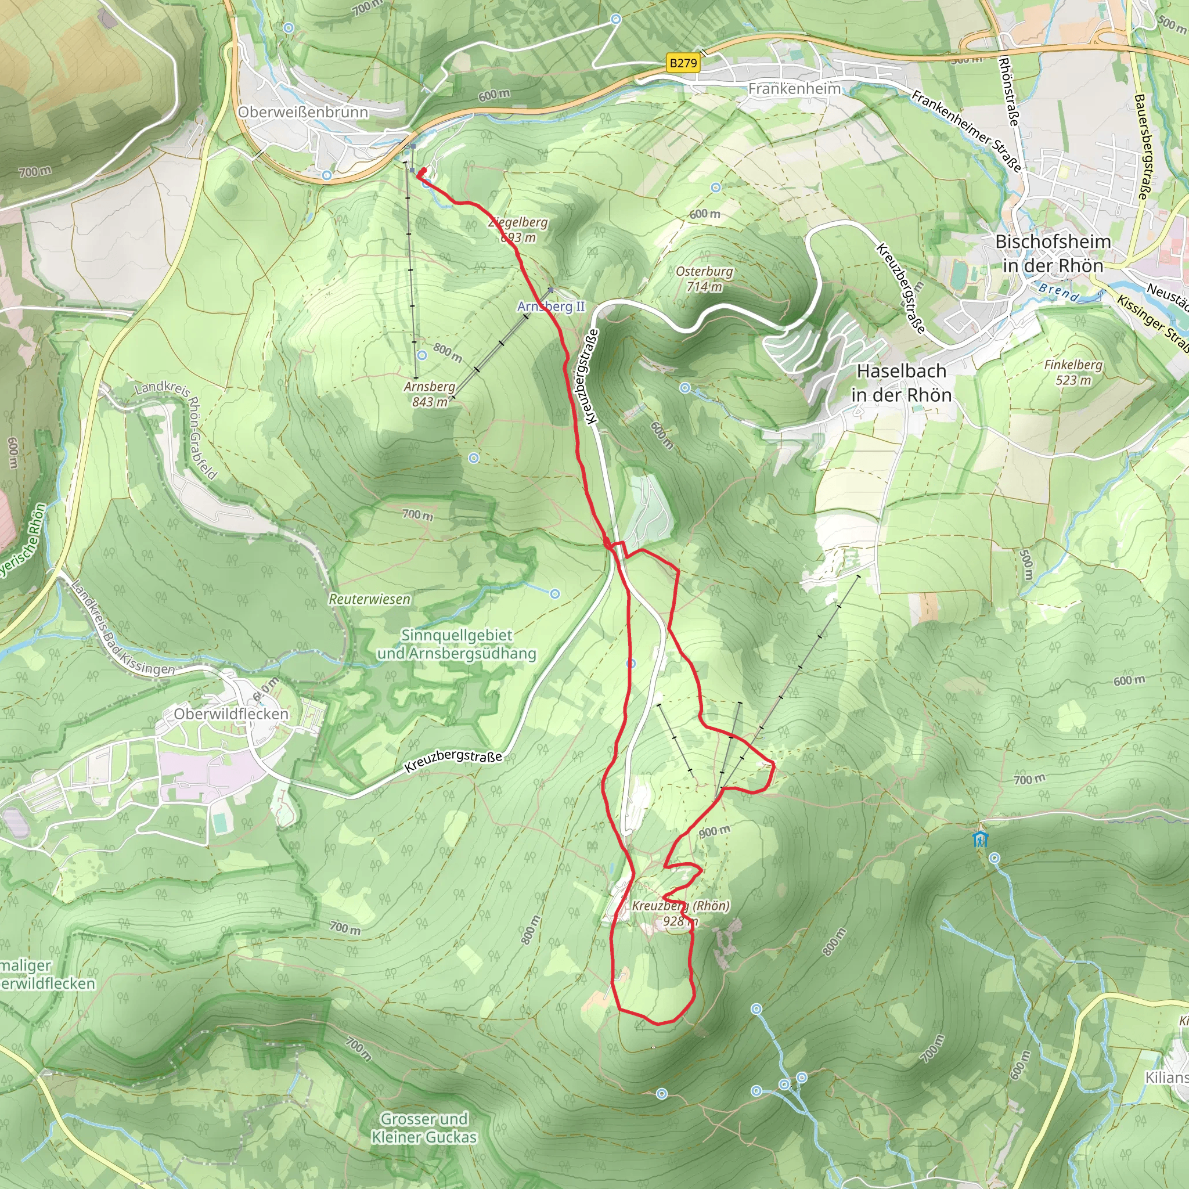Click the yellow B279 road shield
click(683, 63)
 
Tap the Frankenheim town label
click(795, 89)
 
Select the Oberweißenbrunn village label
click(303, 112)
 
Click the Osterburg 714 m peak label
click(704, 279)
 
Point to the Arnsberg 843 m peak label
click(430, 394)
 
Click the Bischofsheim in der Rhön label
click(1053, 254)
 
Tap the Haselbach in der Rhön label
click(902, 383)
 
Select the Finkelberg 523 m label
click(1073, 372)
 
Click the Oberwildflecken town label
click(231, 714)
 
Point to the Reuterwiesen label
click(369, 599)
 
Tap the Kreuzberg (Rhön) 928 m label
click(680, 913)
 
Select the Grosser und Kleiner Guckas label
click(424, 1127)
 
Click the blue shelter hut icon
click(981, 839)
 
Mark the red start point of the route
click(423, 172)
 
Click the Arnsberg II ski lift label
click(551, 307)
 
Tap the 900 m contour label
click(715, 832)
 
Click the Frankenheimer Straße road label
click(966, 131)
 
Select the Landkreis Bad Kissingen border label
click(122, 628)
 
